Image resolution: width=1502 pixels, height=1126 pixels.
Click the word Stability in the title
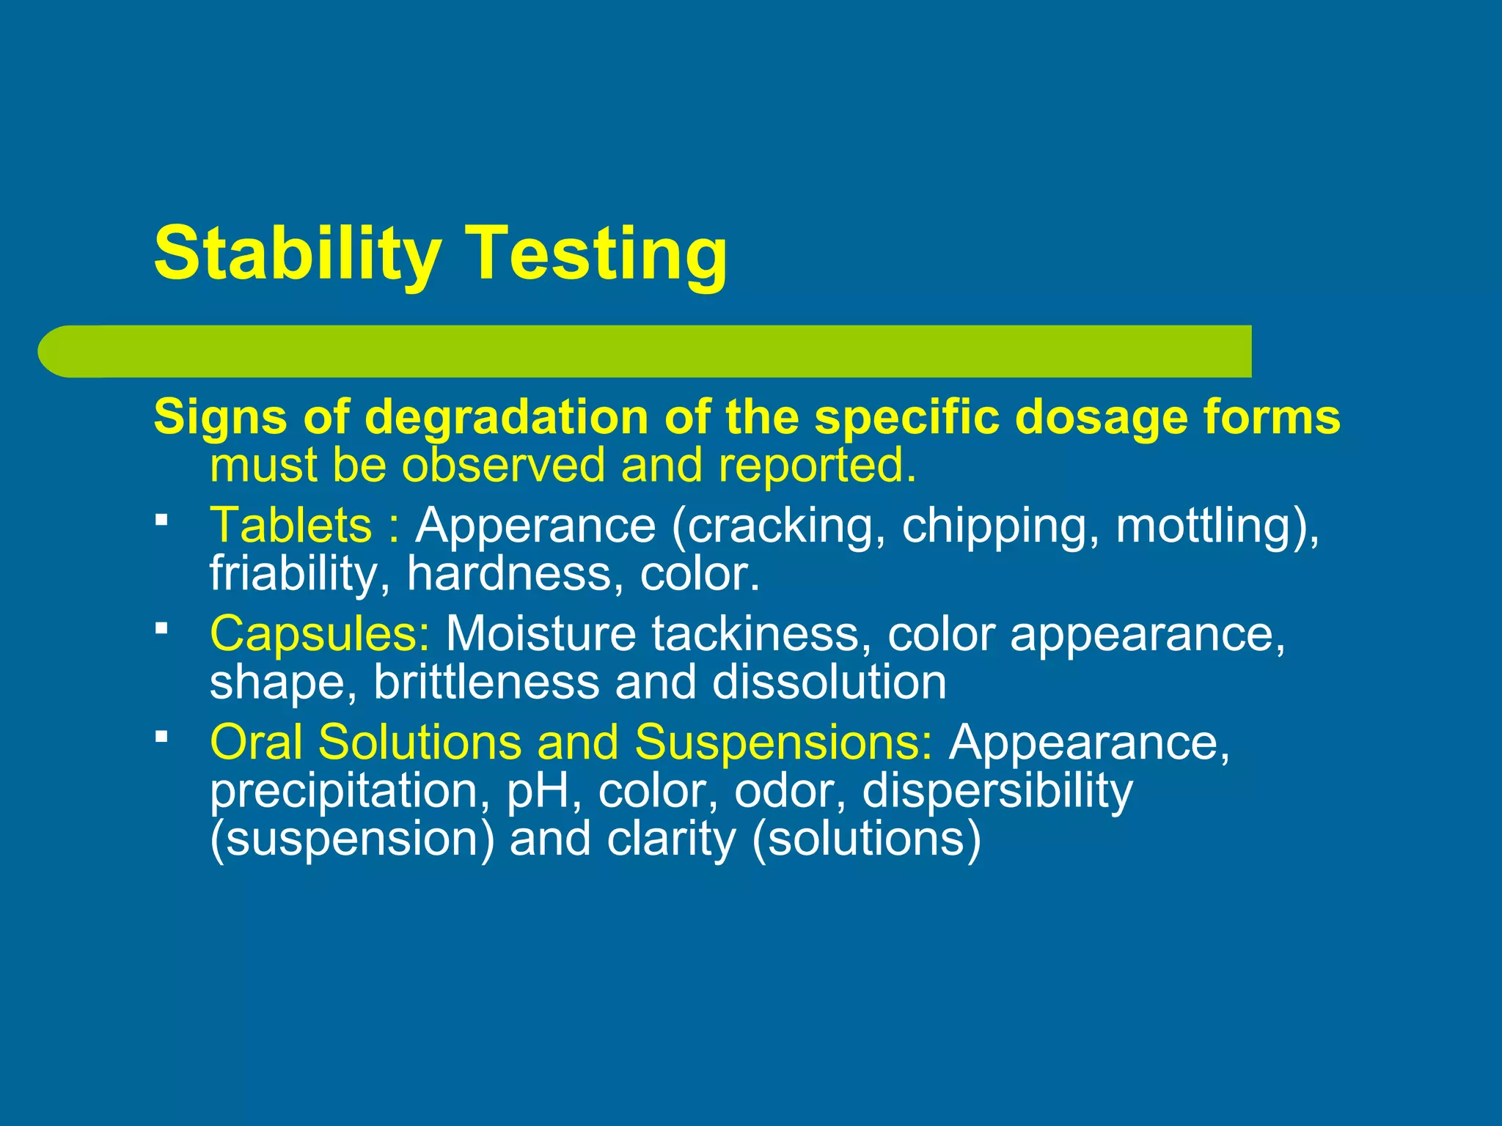coord(296,253)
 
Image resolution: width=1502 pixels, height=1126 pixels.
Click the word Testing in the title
coord(597,253)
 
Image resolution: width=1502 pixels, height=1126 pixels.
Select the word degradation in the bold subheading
coord(506,417)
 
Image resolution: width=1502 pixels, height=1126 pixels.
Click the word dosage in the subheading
coord(1096,417)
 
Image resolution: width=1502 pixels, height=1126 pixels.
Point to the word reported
coord(817,466)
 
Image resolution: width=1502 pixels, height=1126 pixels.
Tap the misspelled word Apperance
coord(535,525)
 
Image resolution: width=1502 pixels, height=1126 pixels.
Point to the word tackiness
coord(755,633)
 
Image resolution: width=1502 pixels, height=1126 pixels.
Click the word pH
coord(540,791)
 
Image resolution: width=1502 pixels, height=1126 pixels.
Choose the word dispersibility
coord(997,791)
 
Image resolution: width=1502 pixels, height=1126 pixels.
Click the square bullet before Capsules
coord(162,628)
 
